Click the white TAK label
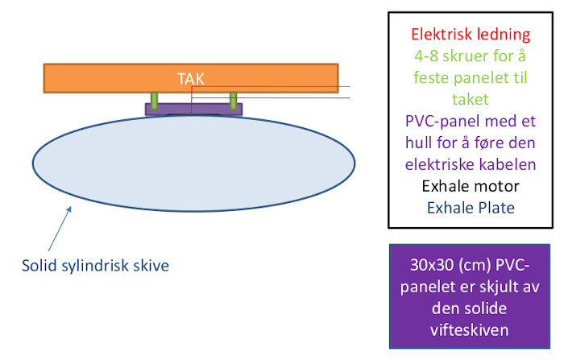pyautogui.click(x=191, y=79)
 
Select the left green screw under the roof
pyautogui.click(x=155, y=101)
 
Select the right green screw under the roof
pyautogui.click(x=234, y=101)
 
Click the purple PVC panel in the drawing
pyautogui.click(x=193, y=110)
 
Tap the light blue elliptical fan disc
pyautogui.click(x=194, y=163)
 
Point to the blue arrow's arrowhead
pyautogui.click(x=69, y=209)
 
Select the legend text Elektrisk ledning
pyautogui.click(x=471, y=35)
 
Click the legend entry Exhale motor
pyautogui.click(x=471, y=186)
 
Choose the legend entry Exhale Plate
pyautogui.click(x=471, y=208)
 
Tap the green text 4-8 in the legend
pyautogui.click(x=426, y=56)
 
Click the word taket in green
pyautogui.click(x=470, y=99)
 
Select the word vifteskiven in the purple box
pyautogui.click(x=470, y=330)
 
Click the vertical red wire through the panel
pyautogui.click(x=192, y=101)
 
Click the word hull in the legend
pyautogui.click(x=419, y=143)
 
